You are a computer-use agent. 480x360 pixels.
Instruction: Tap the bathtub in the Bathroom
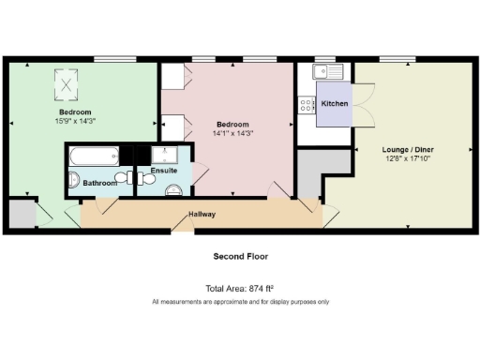click(94, 157)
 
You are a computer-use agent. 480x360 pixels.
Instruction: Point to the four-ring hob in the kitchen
click(307, 106)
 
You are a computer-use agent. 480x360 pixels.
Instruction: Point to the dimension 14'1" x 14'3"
click(232, 134)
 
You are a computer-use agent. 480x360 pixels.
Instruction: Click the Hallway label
click(202, 215)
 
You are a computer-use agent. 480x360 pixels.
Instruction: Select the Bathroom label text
click(100, 183)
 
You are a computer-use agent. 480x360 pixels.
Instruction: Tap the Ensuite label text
click(163, 171)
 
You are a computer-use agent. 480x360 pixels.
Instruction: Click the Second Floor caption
click(240, 256)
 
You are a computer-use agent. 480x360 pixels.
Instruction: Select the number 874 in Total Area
click(249, 289)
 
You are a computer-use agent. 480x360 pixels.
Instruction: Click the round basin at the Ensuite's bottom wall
click(173, 190)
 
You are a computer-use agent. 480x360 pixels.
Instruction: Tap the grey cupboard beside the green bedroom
click(21, 215)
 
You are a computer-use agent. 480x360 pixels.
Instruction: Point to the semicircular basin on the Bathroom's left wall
click(75, 180)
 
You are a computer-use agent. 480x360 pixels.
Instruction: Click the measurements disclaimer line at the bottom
click(240, 302)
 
